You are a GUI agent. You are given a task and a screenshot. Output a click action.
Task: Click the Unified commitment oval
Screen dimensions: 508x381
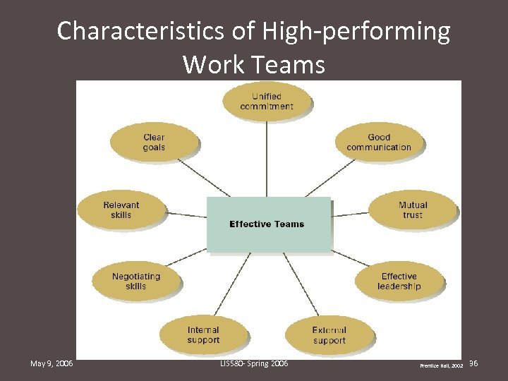coord(266,101)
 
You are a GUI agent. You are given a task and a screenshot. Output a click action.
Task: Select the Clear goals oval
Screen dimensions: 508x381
coord(154,142)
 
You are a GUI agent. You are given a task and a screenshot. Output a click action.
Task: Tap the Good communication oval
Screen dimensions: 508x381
coord(379,142)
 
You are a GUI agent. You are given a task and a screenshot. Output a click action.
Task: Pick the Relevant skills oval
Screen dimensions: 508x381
coord(121,210)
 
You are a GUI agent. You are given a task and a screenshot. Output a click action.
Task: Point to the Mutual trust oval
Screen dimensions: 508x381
coord(413,210)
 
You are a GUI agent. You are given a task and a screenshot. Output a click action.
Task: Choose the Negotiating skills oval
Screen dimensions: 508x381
coord(136,281)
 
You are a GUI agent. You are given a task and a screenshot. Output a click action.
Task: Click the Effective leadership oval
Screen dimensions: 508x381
coord(399,281)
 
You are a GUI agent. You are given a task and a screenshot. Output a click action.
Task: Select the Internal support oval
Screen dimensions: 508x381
coord(203,334)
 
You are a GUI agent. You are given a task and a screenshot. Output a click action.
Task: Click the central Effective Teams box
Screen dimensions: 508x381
coord(267,224)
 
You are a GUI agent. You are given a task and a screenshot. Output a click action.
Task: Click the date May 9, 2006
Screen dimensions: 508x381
coord(52,363)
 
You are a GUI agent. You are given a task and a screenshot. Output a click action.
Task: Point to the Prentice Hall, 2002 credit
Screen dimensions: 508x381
coord(442,366)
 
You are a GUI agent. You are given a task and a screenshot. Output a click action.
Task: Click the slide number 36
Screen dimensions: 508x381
coord(473,363)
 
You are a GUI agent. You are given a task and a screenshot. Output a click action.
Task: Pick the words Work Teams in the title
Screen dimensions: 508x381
coord(254,64)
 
